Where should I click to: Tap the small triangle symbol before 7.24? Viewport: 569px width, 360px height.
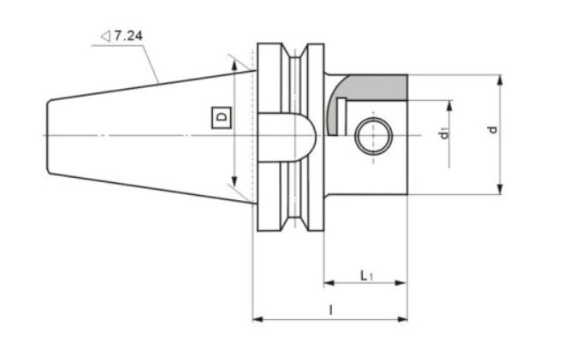click(x=104, y=37)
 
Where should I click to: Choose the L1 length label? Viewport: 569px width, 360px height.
click(x=365, y=274)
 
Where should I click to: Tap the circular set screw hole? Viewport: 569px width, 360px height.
click(x=373, y=135)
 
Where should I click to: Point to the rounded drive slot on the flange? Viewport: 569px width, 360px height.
click(x=291, y=135)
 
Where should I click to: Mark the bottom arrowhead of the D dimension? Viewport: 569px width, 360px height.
click(x=232, y=187)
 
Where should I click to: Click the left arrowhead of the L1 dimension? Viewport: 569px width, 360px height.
click(x=327, y=282)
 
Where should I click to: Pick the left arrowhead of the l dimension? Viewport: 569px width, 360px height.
click(x=257, y=320)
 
